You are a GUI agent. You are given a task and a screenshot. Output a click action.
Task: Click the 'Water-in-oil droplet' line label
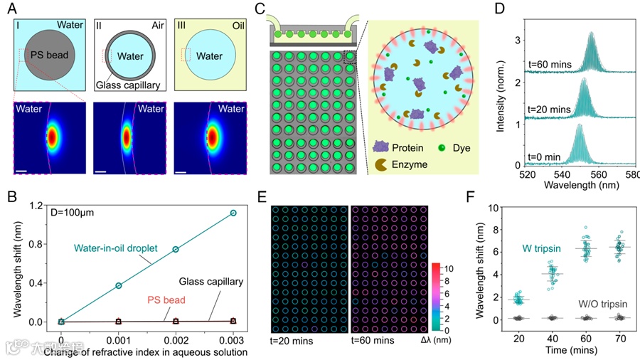tap(114, 248)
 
